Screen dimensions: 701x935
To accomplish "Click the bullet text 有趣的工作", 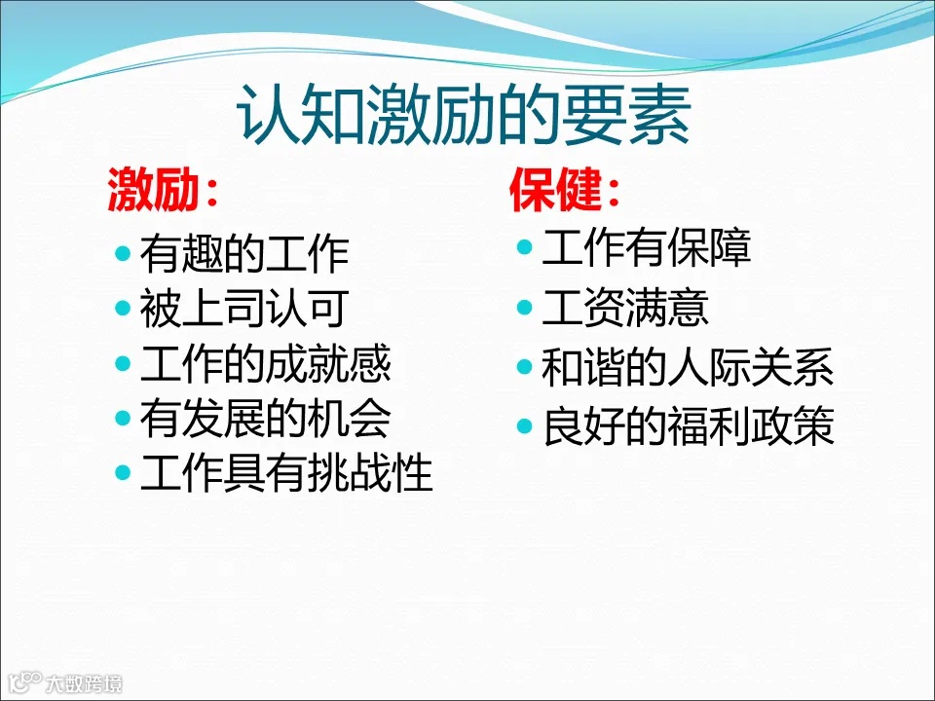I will pyautogui.click(x=244, y=254).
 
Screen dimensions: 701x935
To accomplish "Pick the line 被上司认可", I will pyautogui.click(x=244, y=309).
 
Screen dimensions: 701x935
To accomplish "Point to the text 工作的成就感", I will pyautogui.click(x=266, y=364).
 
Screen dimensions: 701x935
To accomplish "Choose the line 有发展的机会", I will pyautogui.click(x=266, y=419).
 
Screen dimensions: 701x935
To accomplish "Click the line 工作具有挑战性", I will pyautogui.click(x=286, y=474).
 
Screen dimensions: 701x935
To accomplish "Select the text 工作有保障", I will pyautogui.click(x=647, y=248).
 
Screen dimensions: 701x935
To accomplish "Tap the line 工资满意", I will pyautogui.click(x=625, y=309).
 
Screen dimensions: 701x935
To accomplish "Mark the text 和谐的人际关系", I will pyautogui.click(x=688, y=369).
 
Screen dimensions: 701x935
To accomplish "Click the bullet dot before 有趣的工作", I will pyautogui.click(x=123, y=254).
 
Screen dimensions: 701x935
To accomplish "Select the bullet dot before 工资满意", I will pyautogui.click(x=525, y=309).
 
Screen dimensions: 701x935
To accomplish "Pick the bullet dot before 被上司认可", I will pyautogui.click(x=123, y=309).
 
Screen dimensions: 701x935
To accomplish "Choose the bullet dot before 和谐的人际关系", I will pyautogui.click(x=525, y=369).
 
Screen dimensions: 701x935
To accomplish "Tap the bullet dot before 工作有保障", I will pyautogui.click(x=525, y=248).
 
